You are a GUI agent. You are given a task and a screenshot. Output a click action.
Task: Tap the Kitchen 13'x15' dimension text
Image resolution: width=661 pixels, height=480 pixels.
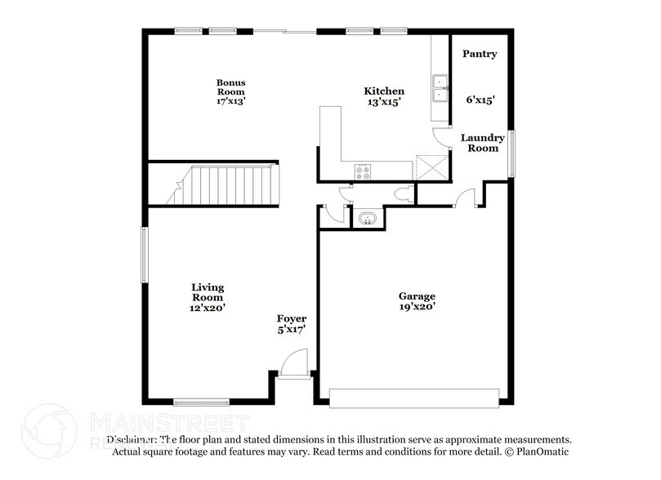pos(383,102)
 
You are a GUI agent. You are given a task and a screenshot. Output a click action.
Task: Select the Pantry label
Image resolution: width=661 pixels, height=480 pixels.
pos(479,54)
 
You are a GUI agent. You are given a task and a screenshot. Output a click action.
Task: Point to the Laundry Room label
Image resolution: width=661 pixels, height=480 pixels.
pos(482,143)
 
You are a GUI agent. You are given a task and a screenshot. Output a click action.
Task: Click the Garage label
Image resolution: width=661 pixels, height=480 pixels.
pos(417,296)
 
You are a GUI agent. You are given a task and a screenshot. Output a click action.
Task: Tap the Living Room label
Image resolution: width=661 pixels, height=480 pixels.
pos(208,292)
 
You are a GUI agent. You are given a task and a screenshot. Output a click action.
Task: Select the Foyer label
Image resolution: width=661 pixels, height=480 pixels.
pos(292,318)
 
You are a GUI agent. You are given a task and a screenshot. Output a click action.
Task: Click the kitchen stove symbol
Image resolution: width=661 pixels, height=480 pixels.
pos(362,171)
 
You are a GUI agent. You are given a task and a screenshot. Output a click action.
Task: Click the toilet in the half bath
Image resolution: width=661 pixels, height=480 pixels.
pos(402,194)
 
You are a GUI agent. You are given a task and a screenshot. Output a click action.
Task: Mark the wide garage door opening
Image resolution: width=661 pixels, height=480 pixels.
pos(413,398)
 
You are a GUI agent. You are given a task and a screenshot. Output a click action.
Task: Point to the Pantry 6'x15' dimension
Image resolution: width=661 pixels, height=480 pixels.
pos(479,100)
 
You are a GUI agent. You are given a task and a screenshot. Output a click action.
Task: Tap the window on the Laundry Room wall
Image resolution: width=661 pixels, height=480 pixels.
pos(511,153)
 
